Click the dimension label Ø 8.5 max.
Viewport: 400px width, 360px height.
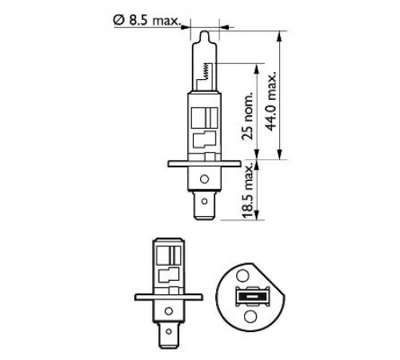coord(147,21)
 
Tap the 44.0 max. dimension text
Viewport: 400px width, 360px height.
coord(270,102)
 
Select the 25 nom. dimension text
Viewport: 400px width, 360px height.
coord(247,117)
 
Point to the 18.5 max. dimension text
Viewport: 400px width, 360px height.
coord(247,191)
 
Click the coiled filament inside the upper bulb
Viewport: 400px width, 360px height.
coord(205,70)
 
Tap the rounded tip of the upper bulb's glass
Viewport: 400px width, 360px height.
coord(205,34)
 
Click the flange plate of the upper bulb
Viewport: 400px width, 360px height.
coord(205,164)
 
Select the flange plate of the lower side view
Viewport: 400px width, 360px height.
coord(169,297)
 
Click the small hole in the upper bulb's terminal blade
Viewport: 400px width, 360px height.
coord(205,201)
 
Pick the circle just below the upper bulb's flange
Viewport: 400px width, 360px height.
coord(205,179)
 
